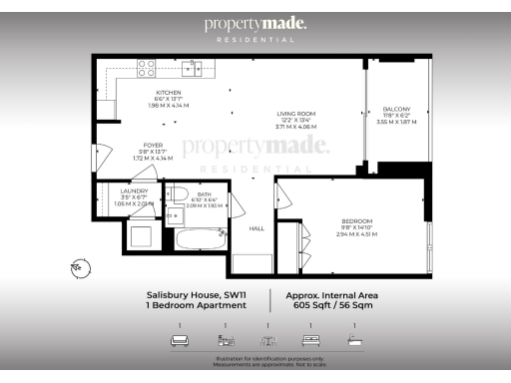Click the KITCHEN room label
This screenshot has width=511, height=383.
pyautogui.click(x=168, y=92)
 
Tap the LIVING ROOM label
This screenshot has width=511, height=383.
pyautogui.click(x=296, y=114)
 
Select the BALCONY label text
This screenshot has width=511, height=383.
pyautogui.click(x=397, y=112)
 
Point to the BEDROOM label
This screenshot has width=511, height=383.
pyautogui.click(x=356, y=220)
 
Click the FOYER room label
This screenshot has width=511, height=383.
pyautogui.click(x=153, y=145)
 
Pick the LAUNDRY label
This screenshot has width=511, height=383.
pyautogui.click(x=134, y=190)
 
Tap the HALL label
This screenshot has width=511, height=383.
pyautogui.click(x=256, y=228)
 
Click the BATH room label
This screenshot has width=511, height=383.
pyautogui.click(x=204, y=194)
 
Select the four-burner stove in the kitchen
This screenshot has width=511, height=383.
pyautogui.click(x=147, y=68)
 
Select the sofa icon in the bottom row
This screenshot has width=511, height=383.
pyautogui.click(x=180, y=341)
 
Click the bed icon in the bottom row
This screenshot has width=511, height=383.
pyautogui.click(x=309, y=341)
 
